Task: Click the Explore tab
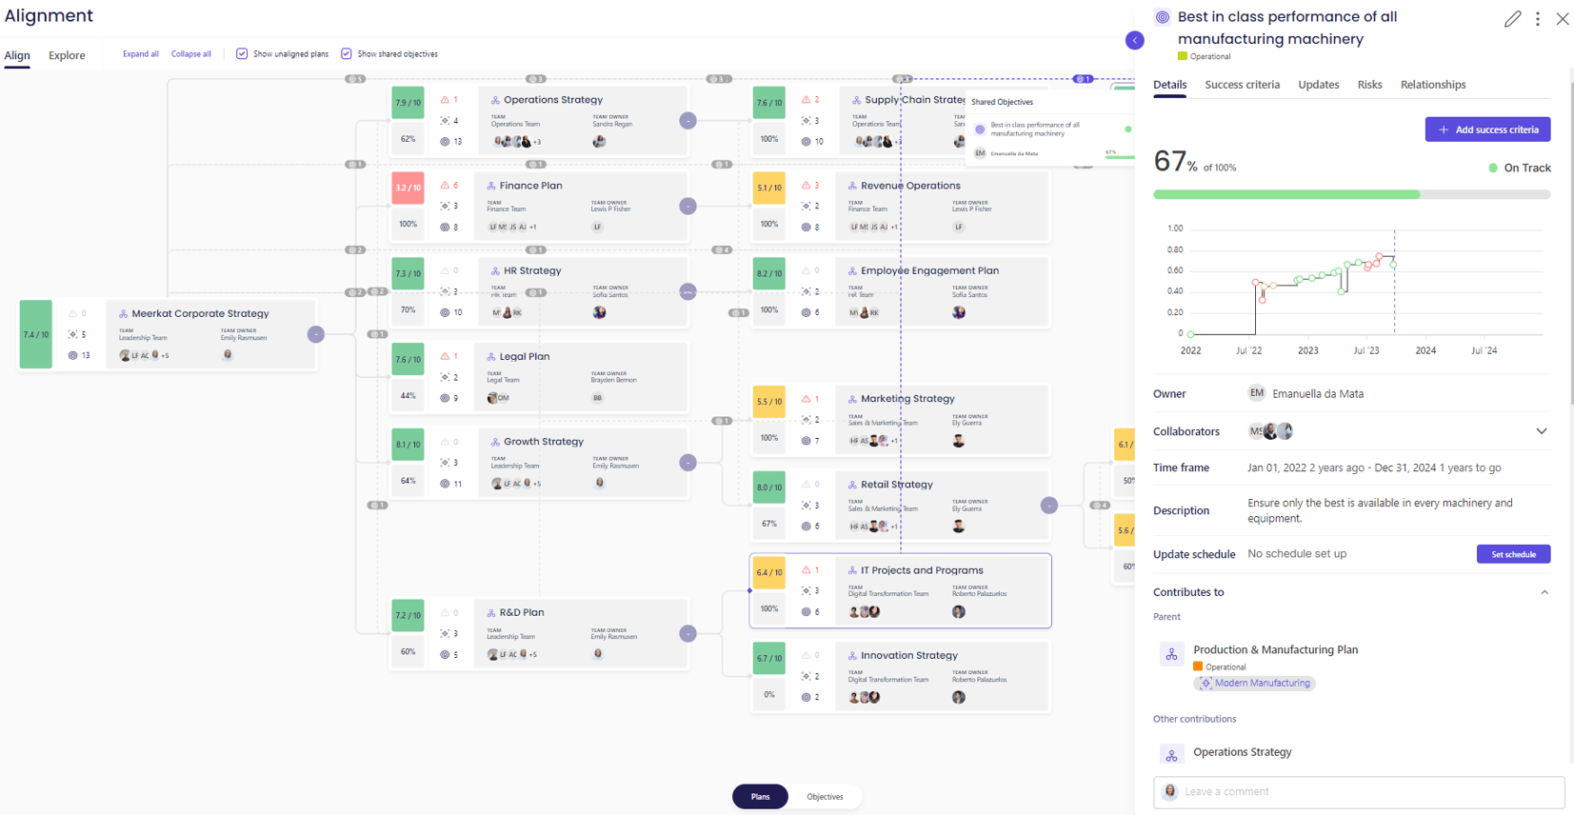67,55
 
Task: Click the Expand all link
141,54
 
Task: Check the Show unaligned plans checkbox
242,54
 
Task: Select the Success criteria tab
1242,85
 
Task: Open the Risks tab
1369,85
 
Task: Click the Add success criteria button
1487,129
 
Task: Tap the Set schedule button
1513,554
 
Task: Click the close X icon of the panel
1563,19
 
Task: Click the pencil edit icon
1512,19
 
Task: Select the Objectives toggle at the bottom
825,797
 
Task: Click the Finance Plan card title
530,186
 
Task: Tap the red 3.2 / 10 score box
408,188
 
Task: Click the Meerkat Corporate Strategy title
200,313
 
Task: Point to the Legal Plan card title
525,356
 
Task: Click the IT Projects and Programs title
922,570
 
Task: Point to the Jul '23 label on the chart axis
1366,350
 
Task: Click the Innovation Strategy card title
909,655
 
